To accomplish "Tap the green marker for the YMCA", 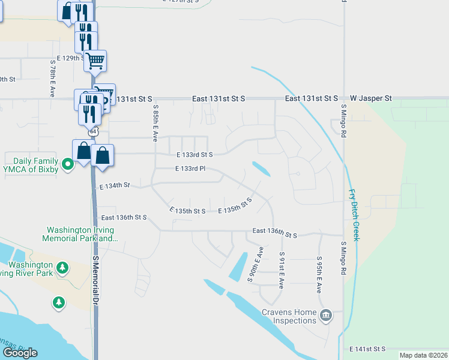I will pyautogui.click(x=68, y=163).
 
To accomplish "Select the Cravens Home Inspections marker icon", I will pyautogui.click(x=326, y=315).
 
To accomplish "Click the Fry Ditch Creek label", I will pyautogui.click(x=354, y=215).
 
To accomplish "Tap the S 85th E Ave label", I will pyautogui.click(x=155, y=124).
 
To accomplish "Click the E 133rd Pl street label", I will pyautogui.click(x=190, y=169).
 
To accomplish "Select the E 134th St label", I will pyautogui.click(x=115, y=186).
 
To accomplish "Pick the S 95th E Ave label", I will pyautogui.click(x=319, y=275).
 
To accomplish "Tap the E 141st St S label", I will pyautogui.click(x=367, y=349).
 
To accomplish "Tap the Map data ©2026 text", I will pyautogui.click(x=423, y=355).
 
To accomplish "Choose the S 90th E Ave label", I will pyautogui.click(x=256, y=264).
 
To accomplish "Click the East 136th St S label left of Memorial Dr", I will pyautogui.click(x=124, y=217).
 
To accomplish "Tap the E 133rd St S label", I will pyautogui.click(x=194, y=154).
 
